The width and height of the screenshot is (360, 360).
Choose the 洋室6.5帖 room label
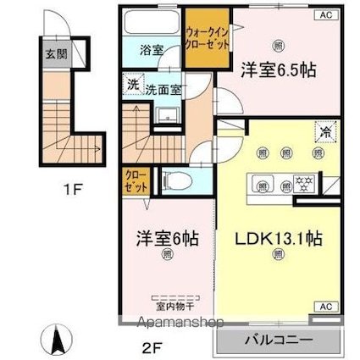tap(277, 69)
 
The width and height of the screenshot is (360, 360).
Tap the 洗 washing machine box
tap(133, 85)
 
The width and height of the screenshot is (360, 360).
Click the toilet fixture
tap(173, 180)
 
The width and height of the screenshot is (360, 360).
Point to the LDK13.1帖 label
tap(273, 239)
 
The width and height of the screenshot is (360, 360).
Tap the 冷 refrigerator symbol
tap(323, 131)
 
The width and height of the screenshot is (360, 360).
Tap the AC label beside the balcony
tap(324, 307)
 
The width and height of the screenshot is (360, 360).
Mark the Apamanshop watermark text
tap(180, 322)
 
